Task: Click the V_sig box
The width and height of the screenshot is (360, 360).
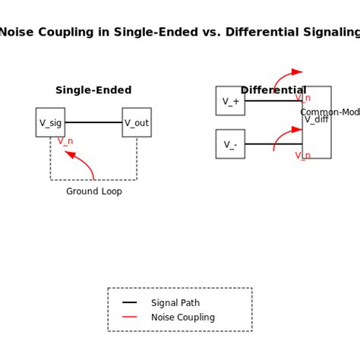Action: tap(50, 122)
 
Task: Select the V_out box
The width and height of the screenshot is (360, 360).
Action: tap(137, 122)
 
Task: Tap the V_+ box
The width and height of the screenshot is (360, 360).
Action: tap(230, 101)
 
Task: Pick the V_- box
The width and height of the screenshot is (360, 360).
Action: tap(230, 144)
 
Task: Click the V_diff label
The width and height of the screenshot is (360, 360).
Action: tap(317, 119)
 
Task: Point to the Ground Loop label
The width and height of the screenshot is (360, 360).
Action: tap(93, 191)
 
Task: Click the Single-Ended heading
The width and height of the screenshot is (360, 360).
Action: tap(93, 90)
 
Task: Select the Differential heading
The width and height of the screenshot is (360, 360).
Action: tap(273, 90)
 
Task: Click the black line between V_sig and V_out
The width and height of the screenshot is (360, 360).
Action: tap(93, 122)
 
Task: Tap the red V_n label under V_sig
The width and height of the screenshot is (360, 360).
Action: tap(65, 141)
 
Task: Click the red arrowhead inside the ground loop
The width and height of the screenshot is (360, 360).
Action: tap(70, 154)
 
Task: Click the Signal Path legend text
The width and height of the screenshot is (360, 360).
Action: tap(175, 303)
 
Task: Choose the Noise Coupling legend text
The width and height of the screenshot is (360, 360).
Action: tap(183, 317)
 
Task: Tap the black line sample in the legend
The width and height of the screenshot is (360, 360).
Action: tap(130, 303)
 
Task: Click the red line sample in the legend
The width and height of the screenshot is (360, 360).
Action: tap(130, 317)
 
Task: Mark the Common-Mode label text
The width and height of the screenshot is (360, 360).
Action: tap(330, 112)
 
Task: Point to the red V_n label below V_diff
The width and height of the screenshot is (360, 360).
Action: tap(302, 156)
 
